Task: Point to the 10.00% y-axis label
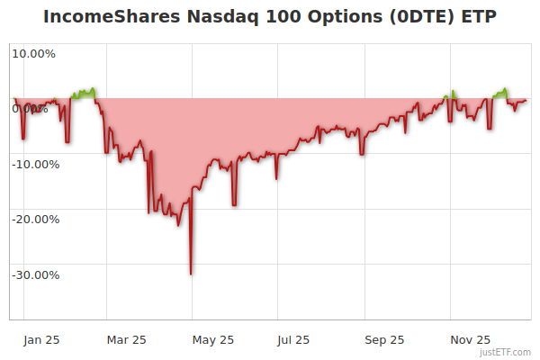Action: tap(33, 53)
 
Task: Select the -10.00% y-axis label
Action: tap(34, 164)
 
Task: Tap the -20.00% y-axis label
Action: tap(34, 219)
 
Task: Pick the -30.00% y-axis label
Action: tap(34, 274)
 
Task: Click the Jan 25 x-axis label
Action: tap(41, 339)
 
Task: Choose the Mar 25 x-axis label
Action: tap(126, 339)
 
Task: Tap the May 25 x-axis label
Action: tap(213, 339)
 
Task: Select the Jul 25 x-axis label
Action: tap(292, 339)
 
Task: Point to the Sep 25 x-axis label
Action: tap(385, 339)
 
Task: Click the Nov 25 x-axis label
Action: tap(471, 339)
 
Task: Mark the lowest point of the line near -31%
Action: tap(191, 274)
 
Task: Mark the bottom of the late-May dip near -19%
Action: tap(234, 205)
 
